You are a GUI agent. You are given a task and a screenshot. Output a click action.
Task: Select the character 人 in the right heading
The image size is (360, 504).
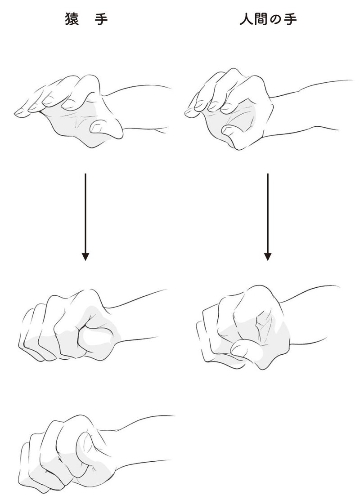247,19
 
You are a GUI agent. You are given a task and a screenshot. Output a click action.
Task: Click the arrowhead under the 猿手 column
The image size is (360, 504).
85,257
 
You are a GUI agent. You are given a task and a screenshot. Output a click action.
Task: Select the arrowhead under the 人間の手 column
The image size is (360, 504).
268,257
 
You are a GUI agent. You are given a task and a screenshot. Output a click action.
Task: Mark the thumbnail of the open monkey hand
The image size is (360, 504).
95,129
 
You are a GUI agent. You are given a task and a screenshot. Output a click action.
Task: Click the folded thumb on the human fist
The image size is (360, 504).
244,350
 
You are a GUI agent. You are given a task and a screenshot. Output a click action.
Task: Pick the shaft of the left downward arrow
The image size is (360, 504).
85,214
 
